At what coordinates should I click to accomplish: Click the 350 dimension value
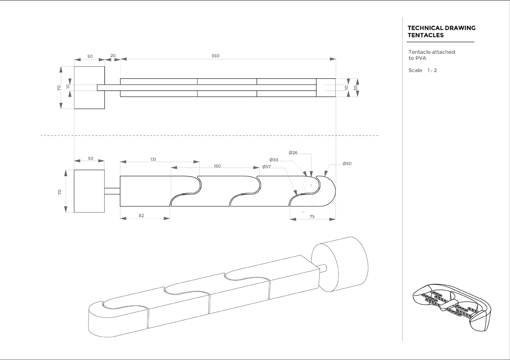(215, 56)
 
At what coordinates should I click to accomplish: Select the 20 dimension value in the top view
(113, 56)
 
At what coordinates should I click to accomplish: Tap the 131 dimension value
(153, 159)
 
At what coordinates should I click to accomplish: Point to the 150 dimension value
(217, 166)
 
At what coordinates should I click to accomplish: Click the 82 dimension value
(141, 216)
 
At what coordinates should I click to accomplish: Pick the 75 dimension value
(312, 217)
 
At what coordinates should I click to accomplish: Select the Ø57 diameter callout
(266, 167)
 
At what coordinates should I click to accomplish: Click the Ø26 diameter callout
(293, 153)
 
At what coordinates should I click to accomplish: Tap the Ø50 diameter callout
(347, 164)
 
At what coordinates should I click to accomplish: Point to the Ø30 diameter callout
(274, 160)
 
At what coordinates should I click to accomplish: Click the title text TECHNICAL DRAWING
(442, 28)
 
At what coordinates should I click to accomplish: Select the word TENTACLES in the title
(425, 35)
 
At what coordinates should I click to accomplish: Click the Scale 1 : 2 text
(423, 71)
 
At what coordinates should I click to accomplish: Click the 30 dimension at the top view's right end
(356, 87)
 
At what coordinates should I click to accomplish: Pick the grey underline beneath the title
(441, 42)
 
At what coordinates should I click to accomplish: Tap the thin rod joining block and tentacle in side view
(112, 191)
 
